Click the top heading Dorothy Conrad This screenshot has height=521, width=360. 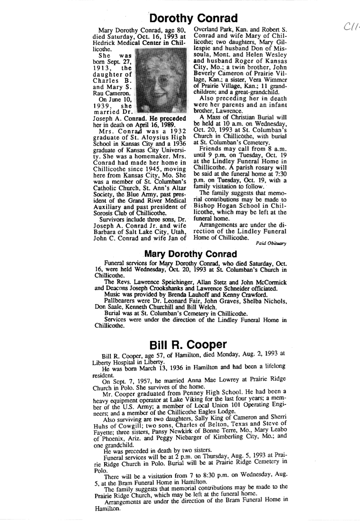pyautogui.click(x=193, y=18)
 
